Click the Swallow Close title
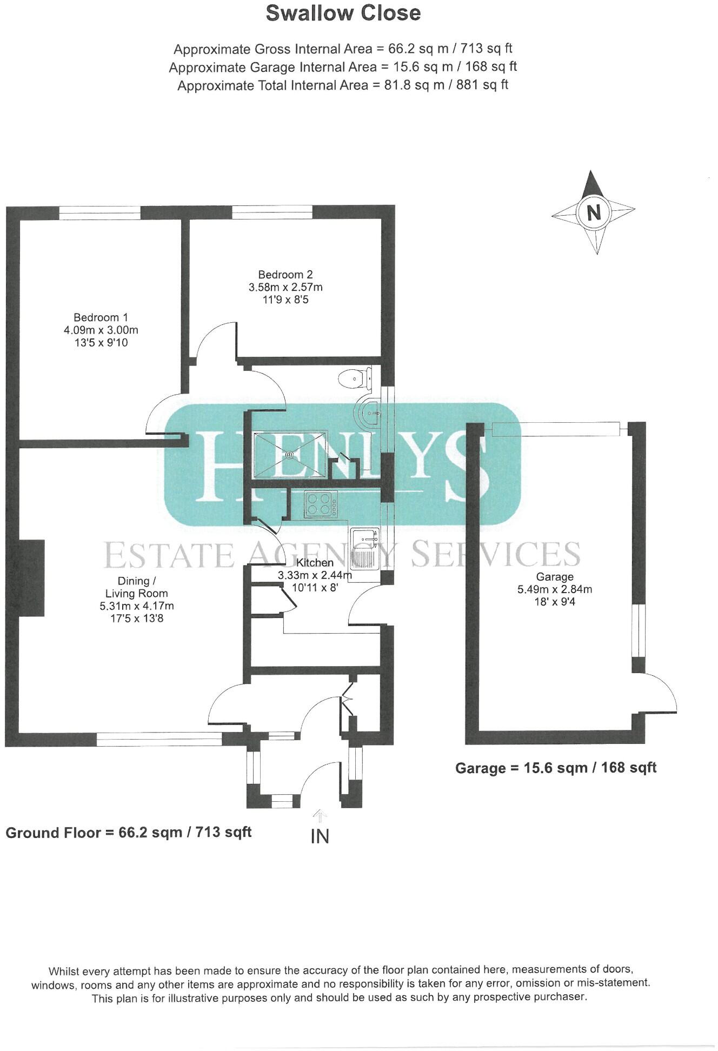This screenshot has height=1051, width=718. tap(343, 14)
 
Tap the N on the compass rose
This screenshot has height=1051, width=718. tap(594, 212)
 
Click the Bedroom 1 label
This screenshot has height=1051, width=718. tap(101, 317)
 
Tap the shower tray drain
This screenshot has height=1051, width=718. tap(290, 455)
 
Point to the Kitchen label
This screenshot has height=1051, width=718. tap(315, 563)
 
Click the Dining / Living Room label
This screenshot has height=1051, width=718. tap(136, 587)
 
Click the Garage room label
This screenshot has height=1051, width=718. tap(554, 577)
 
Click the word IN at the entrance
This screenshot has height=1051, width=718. tap(320, 836)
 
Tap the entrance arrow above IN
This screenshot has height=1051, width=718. tap(320, 816)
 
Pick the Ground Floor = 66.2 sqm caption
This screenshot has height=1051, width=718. tap(129, 832)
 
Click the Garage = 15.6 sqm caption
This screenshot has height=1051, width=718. tap(555, 768)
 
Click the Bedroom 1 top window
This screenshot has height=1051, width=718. tap(99, 212)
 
